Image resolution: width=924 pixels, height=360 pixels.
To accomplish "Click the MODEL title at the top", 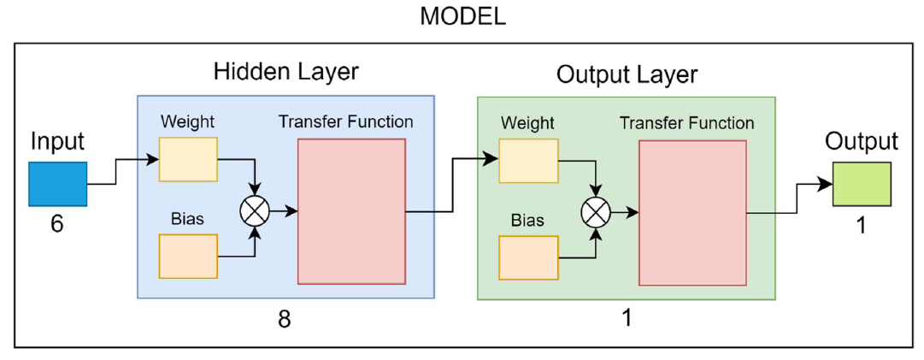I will [x=462, y=16].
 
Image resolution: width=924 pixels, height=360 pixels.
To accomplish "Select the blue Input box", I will [x=57, y=184].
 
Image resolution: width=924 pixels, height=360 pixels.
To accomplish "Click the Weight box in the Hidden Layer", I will [x=188, y=159].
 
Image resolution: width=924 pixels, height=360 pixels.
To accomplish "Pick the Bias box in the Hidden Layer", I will [x=188, y=256].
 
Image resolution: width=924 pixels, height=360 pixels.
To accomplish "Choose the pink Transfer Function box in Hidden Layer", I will [x=350, y=211].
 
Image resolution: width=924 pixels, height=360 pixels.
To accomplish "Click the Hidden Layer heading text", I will [x=285, y=71].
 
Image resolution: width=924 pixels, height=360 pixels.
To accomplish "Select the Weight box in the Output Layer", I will [x=528, y=161].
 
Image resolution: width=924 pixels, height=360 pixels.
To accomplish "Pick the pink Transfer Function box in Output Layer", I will [x=692, y=213].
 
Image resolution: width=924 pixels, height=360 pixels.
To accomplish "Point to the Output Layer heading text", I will [x=627, y=74].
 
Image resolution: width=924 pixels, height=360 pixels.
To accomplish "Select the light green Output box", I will [x=862, y=184].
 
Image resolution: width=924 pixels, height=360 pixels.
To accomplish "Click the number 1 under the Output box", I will [x=862, y=227].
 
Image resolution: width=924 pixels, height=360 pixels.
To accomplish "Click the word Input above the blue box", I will [x=57, y=141].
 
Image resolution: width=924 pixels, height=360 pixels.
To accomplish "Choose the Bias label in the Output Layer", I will [x=527, y=221].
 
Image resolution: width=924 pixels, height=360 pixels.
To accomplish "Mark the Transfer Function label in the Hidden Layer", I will [x=345, y=121].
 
